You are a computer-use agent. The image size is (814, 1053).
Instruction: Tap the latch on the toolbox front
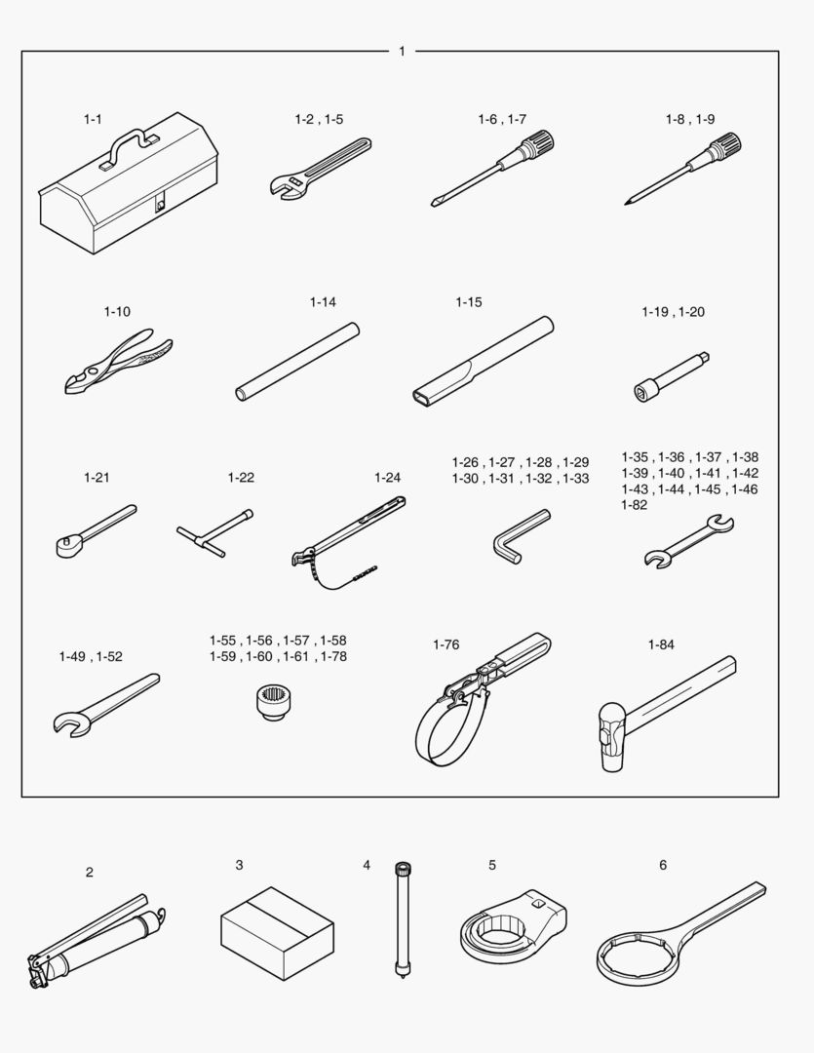coord(160,204)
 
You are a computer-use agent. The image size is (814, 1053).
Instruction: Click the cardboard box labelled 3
coord(278,933)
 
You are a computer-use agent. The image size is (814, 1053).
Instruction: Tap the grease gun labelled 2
coord(97,940)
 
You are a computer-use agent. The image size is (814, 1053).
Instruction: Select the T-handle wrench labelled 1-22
coord(214,533)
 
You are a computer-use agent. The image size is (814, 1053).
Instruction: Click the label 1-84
coord(661,644)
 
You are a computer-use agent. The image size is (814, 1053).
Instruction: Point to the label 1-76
coord(446,644)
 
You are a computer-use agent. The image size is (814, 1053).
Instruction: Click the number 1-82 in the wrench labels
coord(634,505)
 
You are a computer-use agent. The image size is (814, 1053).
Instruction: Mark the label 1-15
coord(469,302)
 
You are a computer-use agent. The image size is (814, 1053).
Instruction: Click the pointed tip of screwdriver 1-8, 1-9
coord(626,203)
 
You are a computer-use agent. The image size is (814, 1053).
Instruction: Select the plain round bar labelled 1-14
coord(297,362)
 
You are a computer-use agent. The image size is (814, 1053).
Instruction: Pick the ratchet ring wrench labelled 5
coord(513,927)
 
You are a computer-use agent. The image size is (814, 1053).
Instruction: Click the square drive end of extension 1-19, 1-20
coord(704,357)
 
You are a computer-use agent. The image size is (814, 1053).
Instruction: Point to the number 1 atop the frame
coord(402,51)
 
